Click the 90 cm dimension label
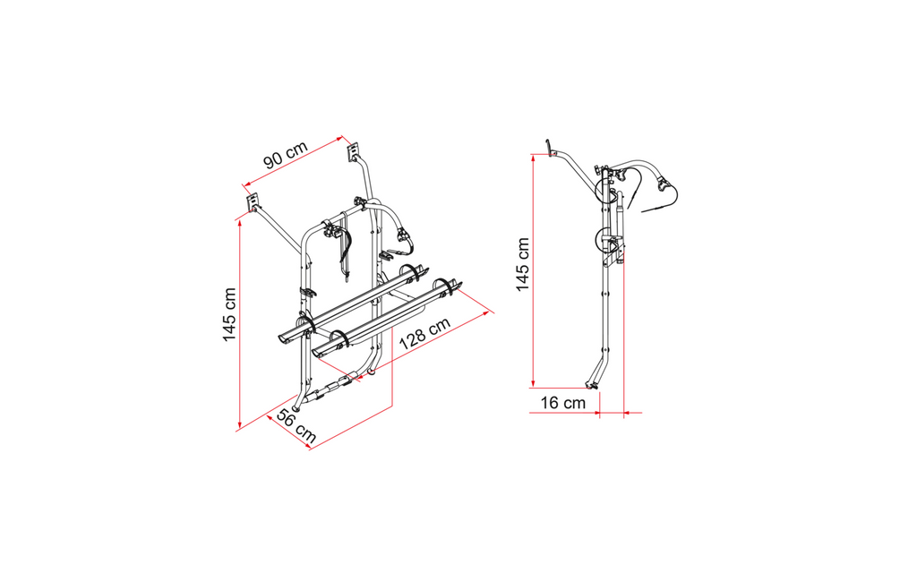pos(286,154)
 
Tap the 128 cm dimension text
pos(425,333)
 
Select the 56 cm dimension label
pos(296,426)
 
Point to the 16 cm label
pos(562,402)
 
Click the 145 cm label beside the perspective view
pos(229,314)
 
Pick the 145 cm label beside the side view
pos(522,264)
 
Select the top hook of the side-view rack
pos(550,148)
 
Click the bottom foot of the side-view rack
pos(592,386)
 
